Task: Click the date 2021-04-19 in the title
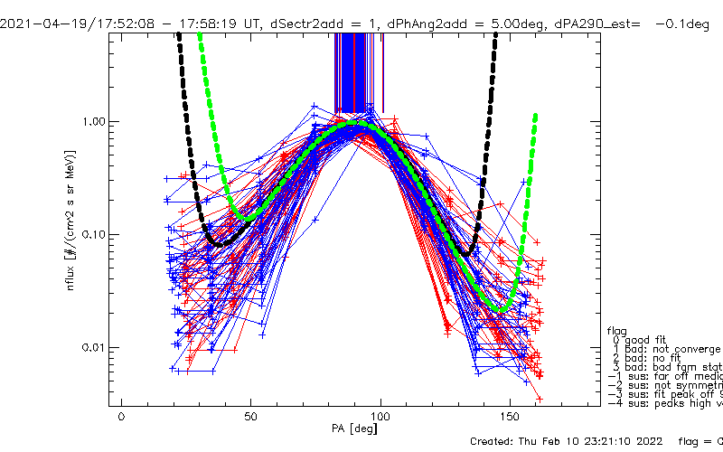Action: [x=35, y=10]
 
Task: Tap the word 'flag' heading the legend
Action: [x=618, y=330]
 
